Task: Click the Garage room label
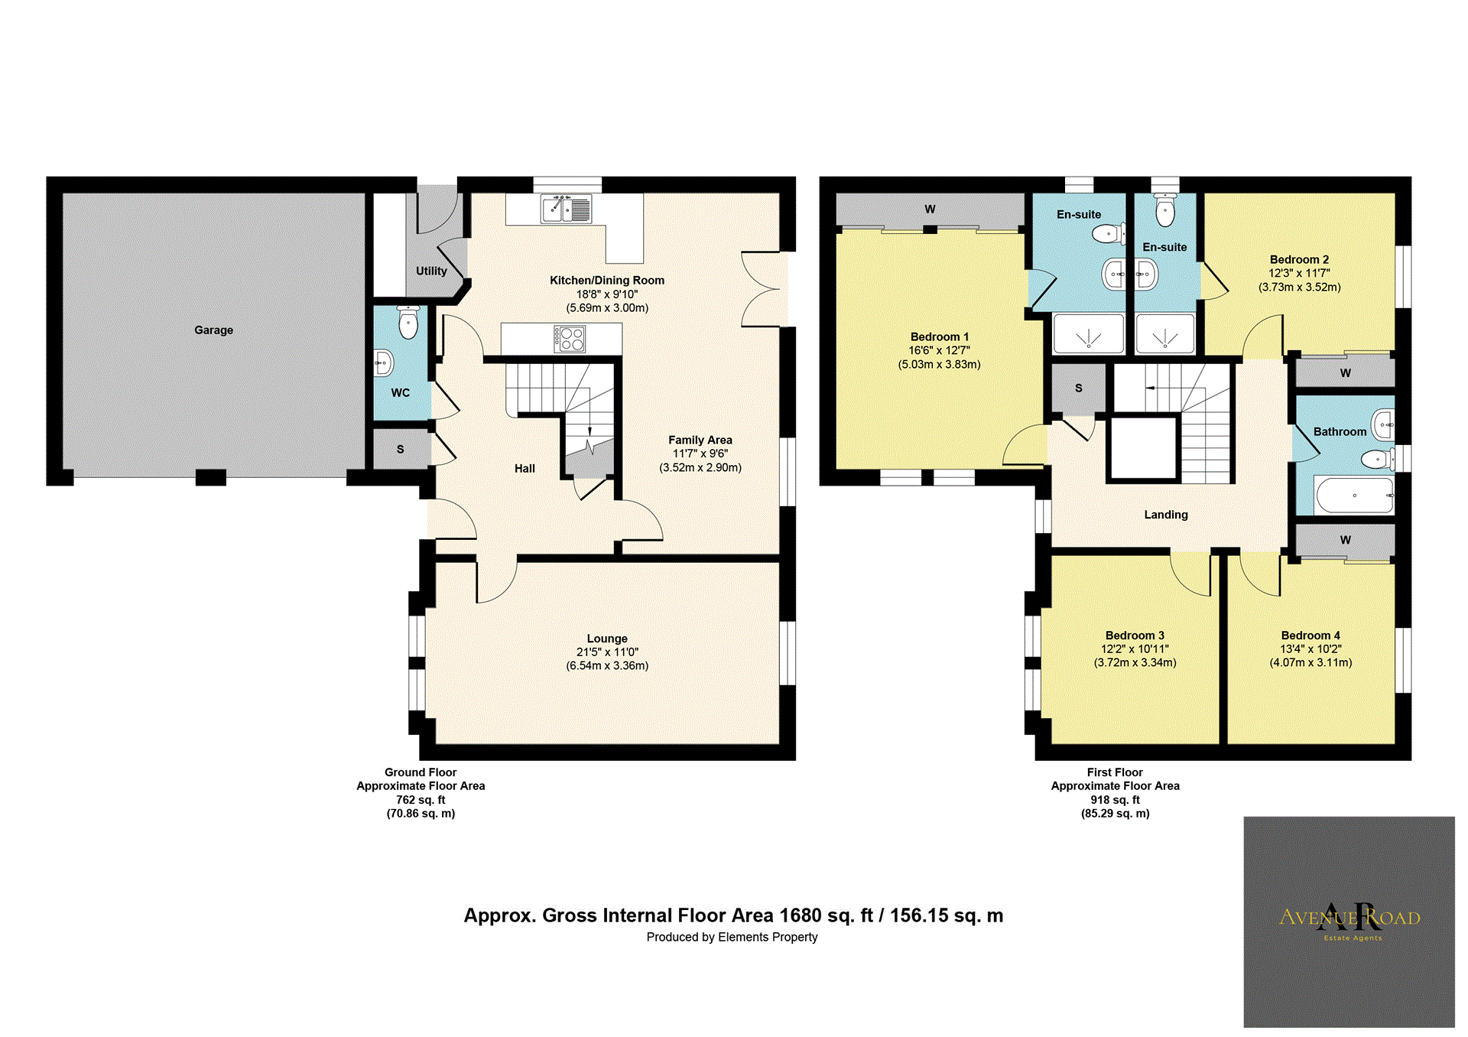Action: [213, 330]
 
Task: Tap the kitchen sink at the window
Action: [567, 209]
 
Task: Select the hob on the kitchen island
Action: [570, 339]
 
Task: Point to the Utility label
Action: [431, 271]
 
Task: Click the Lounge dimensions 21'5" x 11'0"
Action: [607, 652]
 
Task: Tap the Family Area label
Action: [700, 440]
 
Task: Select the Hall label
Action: [525, 469]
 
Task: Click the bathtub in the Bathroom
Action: [1354, 496]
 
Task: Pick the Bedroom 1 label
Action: [939, 336]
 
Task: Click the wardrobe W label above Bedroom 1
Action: [930, 210]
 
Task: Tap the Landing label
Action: [1165, 515]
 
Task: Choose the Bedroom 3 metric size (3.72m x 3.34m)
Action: [1135, 663]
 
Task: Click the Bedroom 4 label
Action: [1310, 636]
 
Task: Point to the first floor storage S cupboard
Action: [1079, 388]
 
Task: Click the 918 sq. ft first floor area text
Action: [1115, 800]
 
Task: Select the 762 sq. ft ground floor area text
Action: [421, 800]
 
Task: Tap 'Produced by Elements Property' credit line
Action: [732, 938]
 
